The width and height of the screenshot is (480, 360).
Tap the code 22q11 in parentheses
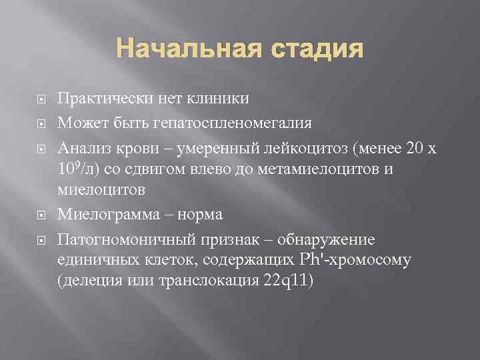291,281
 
